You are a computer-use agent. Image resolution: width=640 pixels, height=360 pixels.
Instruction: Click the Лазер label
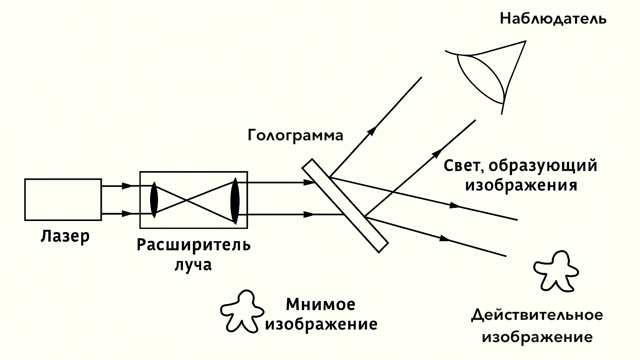[65, 236]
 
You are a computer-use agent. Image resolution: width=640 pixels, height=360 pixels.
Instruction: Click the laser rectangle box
[63, 199]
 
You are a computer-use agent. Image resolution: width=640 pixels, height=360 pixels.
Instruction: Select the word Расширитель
[194, 245]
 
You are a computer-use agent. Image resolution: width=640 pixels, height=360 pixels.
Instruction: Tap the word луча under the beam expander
[193, 264]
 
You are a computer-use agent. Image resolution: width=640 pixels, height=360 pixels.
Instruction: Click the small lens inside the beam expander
[154, 199]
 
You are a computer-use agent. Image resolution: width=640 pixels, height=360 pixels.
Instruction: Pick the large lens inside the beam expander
[235, 201]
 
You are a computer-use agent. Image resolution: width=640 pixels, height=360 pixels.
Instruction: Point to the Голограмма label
[295, 135]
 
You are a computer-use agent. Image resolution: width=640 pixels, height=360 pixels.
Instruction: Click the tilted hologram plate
[345, 205]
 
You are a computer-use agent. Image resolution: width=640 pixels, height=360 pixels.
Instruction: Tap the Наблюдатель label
[553, 19]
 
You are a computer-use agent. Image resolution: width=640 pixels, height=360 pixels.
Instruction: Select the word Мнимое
[320, 305]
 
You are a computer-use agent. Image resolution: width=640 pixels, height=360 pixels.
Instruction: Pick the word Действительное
[537, 315]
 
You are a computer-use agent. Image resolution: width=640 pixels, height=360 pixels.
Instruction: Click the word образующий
[543, 166]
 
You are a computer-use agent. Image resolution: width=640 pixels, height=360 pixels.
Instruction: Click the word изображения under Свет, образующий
[521, 185]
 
